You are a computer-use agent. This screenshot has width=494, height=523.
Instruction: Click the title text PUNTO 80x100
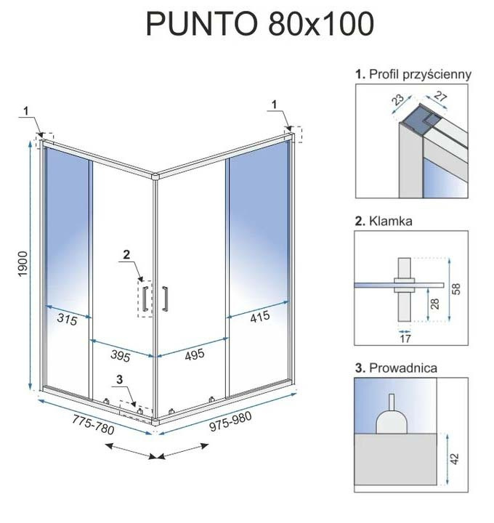tap(260, 24)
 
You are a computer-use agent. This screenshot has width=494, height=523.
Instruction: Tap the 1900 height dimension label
tap(23, 264)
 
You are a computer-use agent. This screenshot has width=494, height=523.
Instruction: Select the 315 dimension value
tap(67, 319)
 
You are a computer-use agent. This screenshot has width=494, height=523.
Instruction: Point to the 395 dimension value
tap(121, 355)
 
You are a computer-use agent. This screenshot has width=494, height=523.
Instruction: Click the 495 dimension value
tap(195, 354)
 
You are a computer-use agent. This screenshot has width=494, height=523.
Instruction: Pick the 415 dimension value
tap(260, 317)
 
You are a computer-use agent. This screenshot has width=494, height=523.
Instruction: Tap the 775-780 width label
tap(94, 425)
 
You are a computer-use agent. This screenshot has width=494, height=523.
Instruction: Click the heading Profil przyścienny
tap(421, 74)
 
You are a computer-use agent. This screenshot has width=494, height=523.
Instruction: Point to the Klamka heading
tap(391, 221)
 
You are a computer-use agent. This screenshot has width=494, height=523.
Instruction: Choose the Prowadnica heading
tap(403, 368)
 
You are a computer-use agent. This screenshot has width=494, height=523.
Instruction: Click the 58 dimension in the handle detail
tap(456, 288)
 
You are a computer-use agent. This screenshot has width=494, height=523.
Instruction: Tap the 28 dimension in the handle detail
tap(435, 304)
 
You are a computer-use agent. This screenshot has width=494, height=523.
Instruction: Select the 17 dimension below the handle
tap(405, 339)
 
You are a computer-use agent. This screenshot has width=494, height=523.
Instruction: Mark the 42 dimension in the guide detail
tap(455, 458)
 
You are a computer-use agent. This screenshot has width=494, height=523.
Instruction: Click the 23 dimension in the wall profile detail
tap(397, 100)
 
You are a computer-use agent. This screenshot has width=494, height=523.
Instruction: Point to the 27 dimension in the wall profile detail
tap(440, 97)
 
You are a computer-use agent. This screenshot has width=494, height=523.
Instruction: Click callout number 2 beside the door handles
tap(126, 255)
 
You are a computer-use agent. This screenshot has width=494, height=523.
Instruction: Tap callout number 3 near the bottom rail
tap(119, 379)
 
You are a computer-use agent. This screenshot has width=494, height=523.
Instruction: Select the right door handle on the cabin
tap(165, 299)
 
